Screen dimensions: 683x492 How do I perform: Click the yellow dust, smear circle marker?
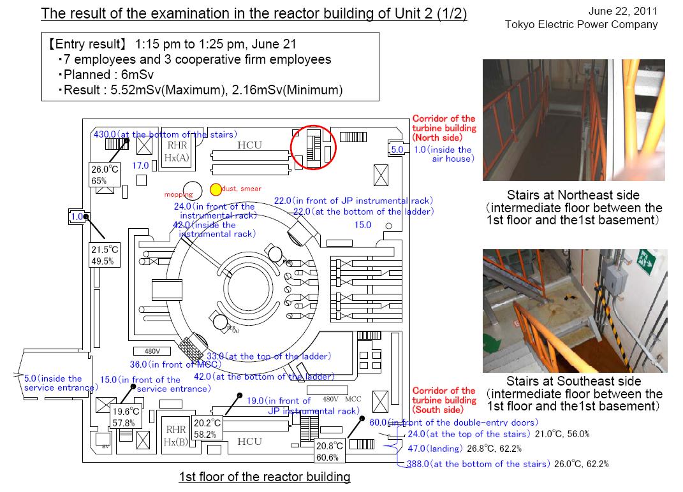click(216, 189)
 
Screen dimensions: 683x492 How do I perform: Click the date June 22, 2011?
click(627, 11)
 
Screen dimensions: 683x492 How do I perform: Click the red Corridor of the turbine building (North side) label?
click(444, 127)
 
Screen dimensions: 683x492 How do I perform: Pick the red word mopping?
click(178, 194)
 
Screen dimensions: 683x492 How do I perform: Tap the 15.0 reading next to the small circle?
click(362, 225)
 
